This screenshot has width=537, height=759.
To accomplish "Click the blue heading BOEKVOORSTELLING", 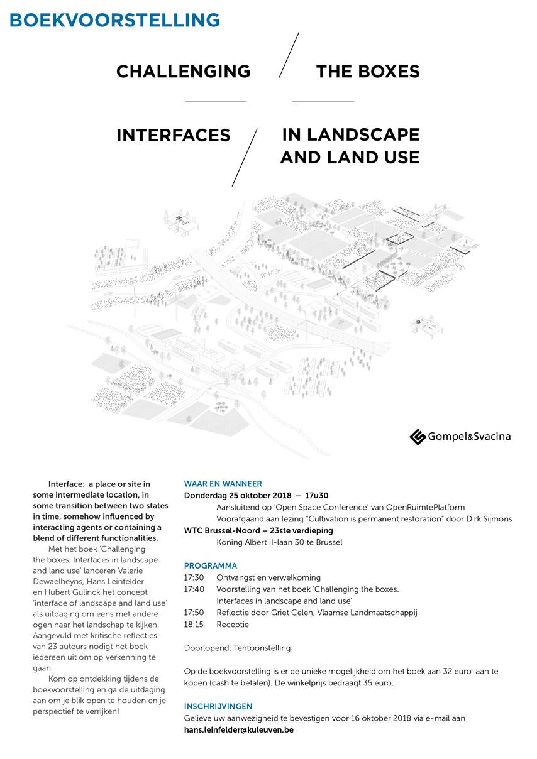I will [x=114, y=20].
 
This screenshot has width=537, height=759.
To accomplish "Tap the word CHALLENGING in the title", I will [x=183, y=72].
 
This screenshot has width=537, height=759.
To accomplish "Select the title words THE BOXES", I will [x=368, y=72].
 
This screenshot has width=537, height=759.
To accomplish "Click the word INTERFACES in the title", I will [x=174, y=135].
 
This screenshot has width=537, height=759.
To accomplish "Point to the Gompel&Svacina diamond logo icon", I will [x=418, y=437].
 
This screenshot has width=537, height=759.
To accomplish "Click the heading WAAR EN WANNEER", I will [x=223, y=484].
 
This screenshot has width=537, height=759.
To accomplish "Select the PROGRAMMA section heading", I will [x=210, y=565].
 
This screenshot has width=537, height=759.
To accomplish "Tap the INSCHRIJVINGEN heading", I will [x=218, y=706].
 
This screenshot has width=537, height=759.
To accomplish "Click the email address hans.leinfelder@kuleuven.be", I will [x=238, y=730].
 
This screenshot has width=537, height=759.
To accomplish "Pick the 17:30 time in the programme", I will [x=194, y=577].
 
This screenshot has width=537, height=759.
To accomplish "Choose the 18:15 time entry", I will [x=194, y=625].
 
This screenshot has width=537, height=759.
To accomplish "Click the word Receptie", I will [x=233, y=625].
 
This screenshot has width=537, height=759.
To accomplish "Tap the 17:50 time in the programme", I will [x=194, y=613].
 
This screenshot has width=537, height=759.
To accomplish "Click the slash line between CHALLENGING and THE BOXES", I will [x=289, y=55].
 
